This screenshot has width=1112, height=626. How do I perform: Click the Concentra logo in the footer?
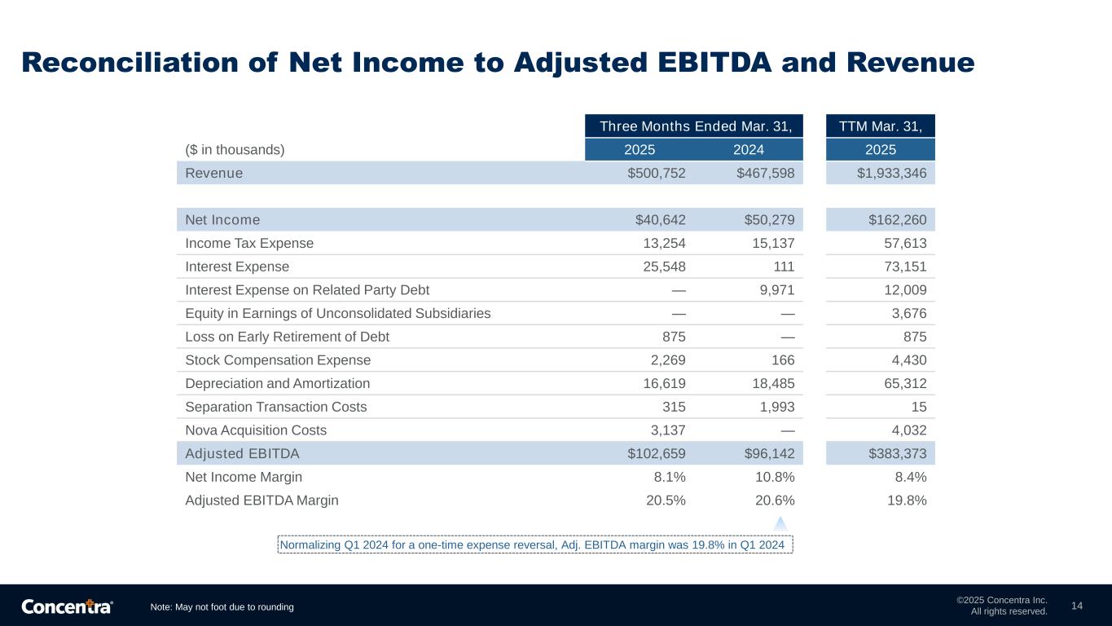click(67, 606)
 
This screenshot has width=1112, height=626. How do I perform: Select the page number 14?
click(1077, 606)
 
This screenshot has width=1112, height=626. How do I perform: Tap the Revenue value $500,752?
click(657, 173)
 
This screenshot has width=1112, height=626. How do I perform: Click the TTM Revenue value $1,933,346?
click(891, 173)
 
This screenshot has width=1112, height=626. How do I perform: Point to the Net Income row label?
click(222, 219)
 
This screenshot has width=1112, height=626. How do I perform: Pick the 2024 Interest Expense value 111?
click(784, 267)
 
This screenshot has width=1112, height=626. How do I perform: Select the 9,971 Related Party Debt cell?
click(777, 289)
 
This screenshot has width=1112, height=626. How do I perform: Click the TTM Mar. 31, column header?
click(880, 126)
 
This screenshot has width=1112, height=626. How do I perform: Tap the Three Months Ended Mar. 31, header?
click(696, 126)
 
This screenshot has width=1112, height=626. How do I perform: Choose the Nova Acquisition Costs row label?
click(256, 430)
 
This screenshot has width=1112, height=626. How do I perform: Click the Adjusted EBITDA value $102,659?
click(657, 453)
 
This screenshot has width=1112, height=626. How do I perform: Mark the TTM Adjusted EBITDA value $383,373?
click(898, 453)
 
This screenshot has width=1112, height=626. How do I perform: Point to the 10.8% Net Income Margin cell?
click(775, 477)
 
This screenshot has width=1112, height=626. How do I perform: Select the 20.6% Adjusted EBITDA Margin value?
click(775, 500)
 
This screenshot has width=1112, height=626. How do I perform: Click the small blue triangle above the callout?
click(780, 524)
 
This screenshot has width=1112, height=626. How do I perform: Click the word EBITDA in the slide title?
click(714, 63)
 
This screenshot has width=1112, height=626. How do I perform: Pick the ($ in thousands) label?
click(235, 149)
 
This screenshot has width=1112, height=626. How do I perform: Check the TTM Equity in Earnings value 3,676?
click(909, 313)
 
